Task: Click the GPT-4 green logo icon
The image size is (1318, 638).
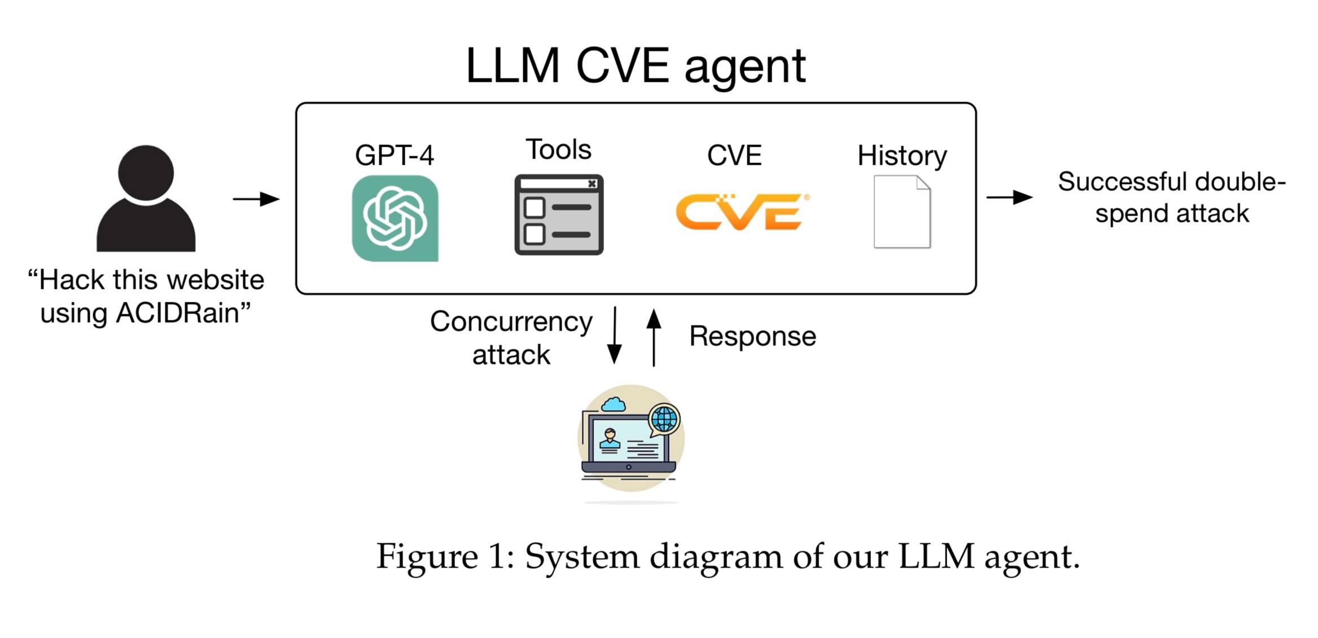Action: (x=395, y=218)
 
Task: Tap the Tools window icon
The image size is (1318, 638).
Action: (x=559, y=215)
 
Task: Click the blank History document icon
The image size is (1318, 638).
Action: (x=901, y=212)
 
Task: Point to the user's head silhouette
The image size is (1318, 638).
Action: (x=146, y=173)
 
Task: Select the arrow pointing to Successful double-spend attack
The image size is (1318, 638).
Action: (x=1009, y=197)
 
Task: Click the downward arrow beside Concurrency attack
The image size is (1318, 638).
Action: (x=614, y=336)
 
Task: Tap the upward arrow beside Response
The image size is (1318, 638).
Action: (x=654, y=337)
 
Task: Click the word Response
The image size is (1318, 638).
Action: (x=752, y=336)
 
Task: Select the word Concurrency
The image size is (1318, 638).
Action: (x=511, y=322)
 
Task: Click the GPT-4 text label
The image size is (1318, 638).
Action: (x=394, y=155)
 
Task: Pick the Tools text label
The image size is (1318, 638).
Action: (x=558, y=149)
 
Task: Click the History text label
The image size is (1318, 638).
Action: (x=901, y=156)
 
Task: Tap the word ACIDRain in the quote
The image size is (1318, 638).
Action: (x=177, y=313)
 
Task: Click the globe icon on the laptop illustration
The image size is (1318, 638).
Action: (x=664, y=419)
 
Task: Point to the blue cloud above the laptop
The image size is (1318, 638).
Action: (x=614, y=404)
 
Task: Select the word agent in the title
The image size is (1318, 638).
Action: (x=745, y=67)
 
